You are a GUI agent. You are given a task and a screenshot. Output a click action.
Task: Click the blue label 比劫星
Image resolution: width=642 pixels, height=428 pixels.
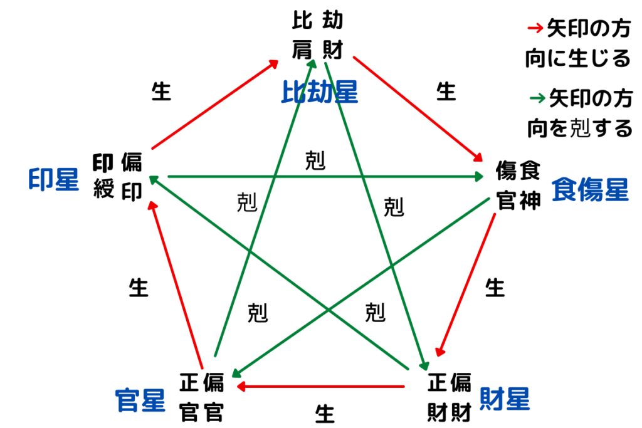(318, 92)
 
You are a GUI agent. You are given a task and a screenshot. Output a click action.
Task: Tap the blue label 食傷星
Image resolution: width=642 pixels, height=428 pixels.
(589, 190)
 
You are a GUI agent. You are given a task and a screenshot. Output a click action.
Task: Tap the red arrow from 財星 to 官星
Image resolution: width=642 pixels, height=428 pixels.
(320, 387)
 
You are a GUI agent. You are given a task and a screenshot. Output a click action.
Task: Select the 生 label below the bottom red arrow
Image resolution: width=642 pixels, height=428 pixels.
(324, 414)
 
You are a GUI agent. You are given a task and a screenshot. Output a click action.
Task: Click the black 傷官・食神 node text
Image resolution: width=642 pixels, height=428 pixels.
(518, 185)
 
